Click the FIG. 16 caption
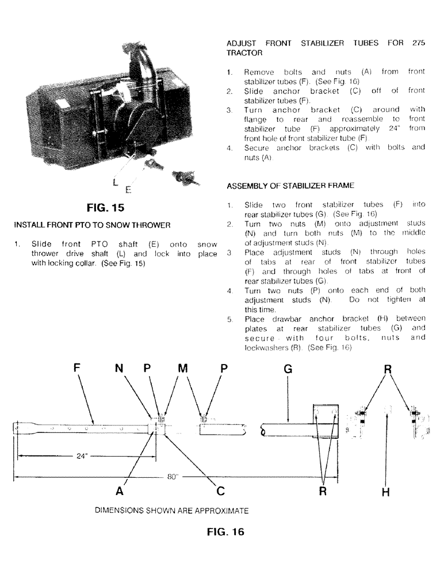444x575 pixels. click(x=225, y=532)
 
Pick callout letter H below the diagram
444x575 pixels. click(x=385, y=492)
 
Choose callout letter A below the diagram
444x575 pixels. click(x=119, y=492)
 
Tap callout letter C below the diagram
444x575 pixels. click(x=220, y=492)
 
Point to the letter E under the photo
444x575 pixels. click(x=129, y=188)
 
